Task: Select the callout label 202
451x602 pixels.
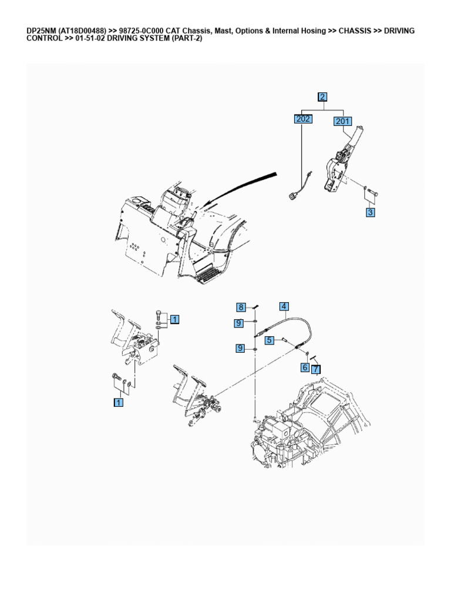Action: (303, 119)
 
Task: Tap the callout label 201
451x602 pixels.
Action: (342, 122)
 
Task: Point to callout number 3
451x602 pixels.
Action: (370, 213)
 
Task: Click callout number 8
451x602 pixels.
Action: (241, 307)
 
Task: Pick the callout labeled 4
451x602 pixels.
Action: (284, 306)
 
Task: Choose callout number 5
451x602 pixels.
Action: (269, 340)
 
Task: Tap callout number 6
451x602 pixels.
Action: (305, 367)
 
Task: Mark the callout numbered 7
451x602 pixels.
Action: (316, 369)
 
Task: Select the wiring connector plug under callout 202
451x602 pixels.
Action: (294, 196)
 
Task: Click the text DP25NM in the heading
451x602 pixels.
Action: (42, 31)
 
